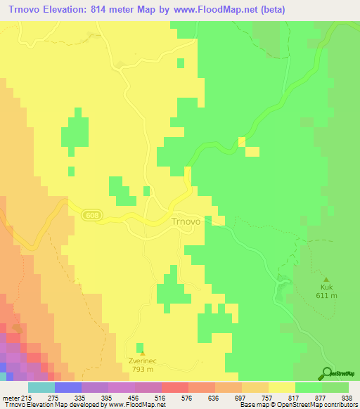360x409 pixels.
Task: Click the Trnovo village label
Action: tap(186, 221)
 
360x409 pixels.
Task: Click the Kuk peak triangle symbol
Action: tap(326, 278)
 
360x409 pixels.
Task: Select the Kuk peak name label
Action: tap(326, 287)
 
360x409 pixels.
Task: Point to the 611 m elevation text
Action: tap(326, 296)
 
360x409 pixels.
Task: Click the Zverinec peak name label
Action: tap(142, 361)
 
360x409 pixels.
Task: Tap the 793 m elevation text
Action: tap(142, 370)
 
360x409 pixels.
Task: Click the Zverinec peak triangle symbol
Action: tap(142, 352)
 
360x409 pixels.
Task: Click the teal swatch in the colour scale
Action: tap(41, 387)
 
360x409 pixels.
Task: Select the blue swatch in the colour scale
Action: tap(67, 387)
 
